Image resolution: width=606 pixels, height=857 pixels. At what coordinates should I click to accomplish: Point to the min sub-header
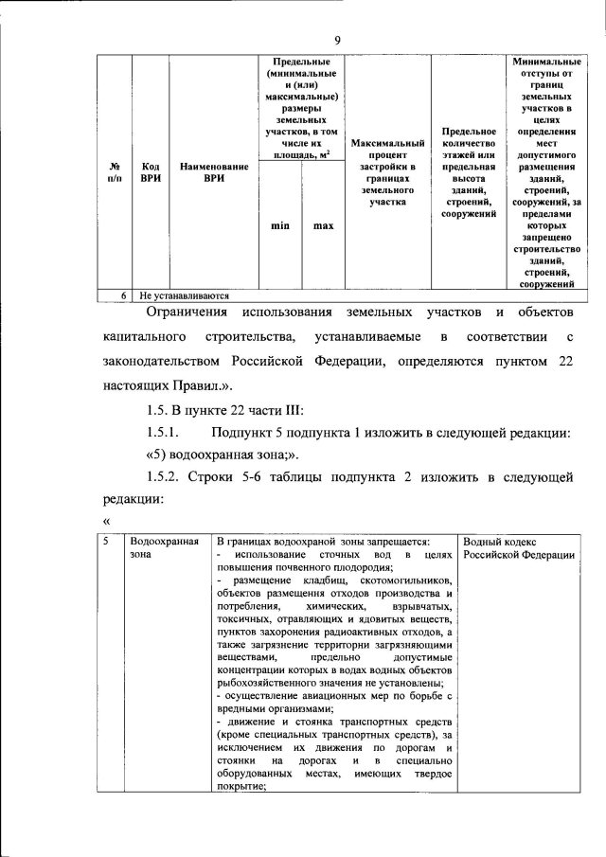point(280,225)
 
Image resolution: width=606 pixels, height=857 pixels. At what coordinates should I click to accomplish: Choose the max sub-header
point(324,225)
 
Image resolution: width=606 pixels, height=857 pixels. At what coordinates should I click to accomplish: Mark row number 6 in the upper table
point(123,295)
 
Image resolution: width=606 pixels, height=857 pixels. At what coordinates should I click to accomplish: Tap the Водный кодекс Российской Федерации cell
point(520,547)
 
